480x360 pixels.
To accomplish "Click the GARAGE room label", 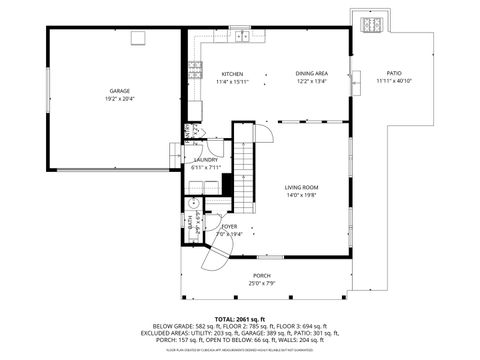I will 120,91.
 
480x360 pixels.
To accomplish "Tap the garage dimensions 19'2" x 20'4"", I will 120,99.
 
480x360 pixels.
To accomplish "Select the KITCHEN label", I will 232,74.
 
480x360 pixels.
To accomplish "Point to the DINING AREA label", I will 311,74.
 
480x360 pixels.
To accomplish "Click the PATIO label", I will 395,73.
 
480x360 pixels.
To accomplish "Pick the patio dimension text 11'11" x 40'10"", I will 395,81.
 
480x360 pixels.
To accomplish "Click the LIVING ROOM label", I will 301,187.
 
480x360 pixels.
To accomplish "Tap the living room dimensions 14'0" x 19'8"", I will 301,195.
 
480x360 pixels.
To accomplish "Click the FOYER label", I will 229,227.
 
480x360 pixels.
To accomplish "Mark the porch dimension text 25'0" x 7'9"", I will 262,283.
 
